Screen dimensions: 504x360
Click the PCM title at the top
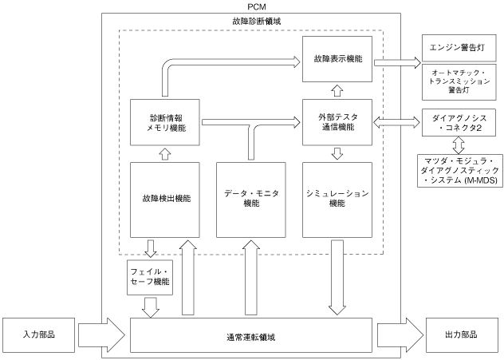[x=257, y=6]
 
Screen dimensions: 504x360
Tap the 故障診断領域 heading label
[x=257, y=22]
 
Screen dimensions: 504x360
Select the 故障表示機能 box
[x=337, y=59]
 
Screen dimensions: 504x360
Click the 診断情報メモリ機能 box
[x=165, y=122]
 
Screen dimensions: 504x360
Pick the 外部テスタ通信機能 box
[x=337, y=122]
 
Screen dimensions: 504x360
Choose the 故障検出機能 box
[x=165, y=200]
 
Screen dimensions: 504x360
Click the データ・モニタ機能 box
[x=251, y=200]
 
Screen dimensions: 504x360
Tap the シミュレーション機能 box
[x=337, y=200]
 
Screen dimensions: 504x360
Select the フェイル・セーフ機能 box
[x=150, y=277]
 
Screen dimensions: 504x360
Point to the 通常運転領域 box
[x=251, y=335]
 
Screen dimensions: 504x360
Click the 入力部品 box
[x=38, y=335]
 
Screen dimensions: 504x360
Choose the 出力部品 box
[x=461, y=335]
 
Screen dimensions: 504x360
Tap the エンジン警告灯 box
[x=459, y=48]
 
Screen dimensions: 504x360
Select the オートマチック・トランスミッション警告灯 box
[x=459, y=82]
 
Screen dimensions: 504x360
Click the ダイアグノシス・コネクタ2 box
[x=459, y=123]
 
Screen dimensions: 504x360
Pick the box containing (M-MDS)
[x=460, y=171]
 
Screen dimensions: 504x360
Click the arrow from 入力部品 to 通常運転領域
[x=101, y=335]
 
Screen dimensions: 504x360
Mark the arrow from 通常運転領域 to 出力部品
[x=400, y=335]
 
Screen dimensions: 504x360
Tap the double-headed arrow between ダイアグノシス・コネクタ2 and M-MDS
[x=459, y=145]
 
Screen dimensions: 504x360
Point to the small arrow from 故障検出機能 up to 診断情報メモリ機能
[x=165, y=154]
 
